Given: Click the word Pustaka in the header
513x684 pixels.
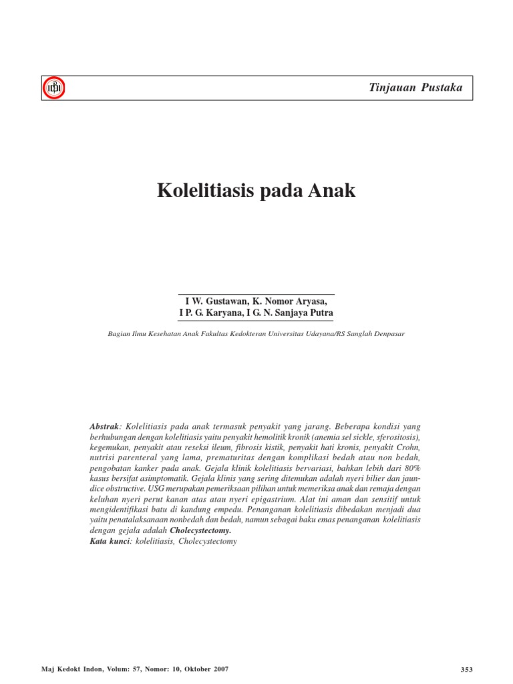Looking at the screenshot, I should (x=442, y=88).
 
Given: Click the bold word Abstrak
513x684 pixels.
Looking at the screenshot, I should (x=104, y=426).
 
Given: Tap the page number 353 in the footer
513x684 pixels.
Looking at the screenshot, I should (x=467, y=669).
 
